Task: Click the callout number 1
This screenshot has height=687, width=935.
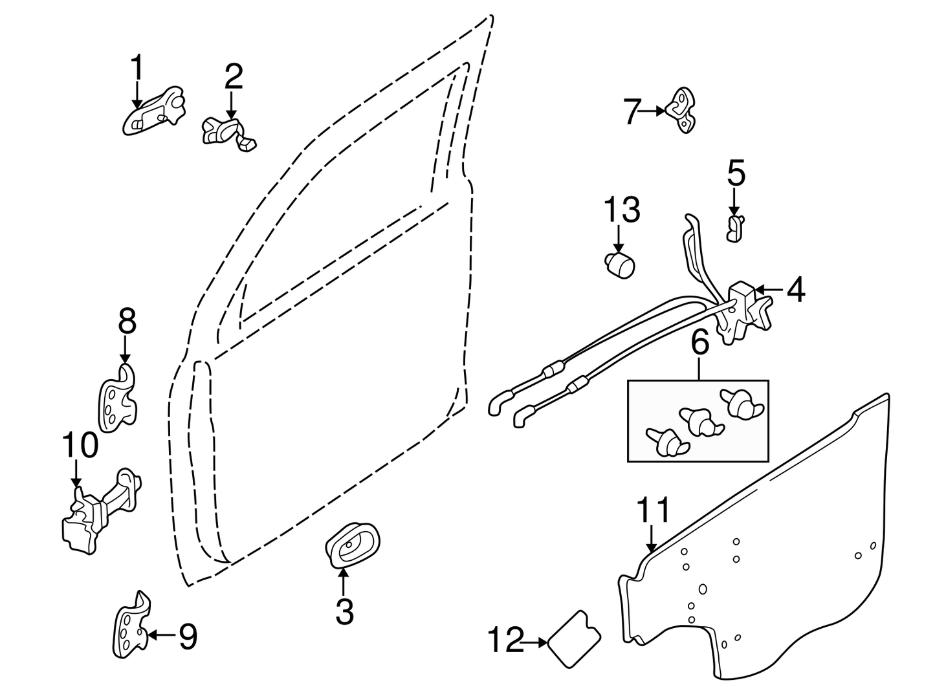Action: point(137,68)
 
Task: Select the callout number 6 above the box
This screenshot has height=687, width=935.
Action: point(699,342)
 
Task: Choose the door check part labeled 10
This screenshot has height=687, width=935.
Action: point(97,511)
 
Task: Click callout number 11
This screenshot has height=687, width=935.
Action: point(654,510)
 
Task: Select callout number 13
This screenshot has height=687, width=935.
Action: point(622,210)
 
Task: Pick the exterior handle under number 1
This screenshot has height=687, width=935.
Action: point(153,113)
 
